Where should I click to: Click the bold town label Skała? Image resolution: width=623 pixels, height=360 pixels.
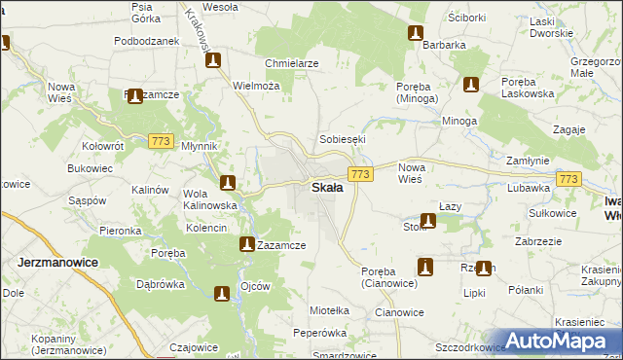(x=326, y=188)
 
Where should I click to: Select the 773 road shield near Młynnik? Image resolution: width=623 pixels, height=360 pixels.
(x=162, y=142)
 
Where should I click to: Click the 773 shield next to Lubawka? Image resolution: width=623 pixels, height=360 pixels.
(x=569, y=179)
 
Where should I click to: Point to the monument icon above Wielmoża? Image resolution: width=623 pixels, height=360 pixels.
(x=213, y=61)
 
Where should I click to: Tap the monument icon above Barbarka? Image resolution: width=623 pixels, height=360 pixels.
(x=416, y=33)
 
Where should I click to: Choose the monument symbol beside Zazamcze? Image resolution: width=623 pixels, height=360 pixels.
(x=247, y=245)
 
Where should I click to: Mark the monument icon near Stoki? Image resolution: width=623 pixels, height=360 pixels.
(x=427, y=221)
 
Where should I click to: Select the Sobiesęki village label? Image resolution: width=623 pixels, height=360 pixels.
(x=343, y=139)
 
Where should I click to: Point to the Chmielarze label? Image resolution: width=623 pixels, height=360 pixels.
(x=291, y=63)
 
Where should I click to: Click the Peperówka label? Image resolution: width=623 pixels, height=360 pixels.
(x=319, y=333)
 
